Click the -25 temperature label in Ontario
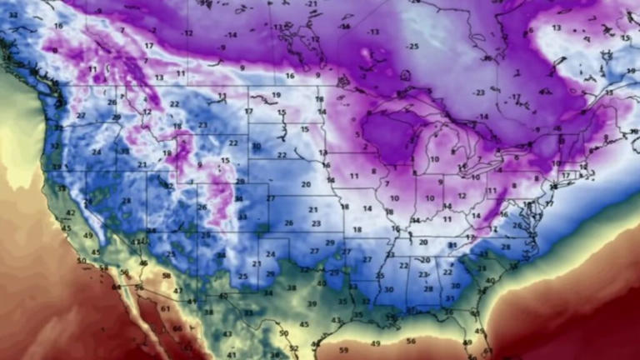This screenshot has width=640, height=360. (412, 46)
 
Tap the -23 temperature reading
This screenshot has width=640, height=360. (479, 92)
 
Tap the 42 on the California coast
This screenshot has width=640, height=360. (71, 212)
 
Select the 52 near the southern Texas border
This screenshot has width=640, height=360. (293, 348)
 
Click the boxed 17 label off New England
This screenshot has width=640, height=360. (567, 176)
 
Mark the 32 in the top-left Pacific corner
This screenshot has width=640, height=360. (12, 15)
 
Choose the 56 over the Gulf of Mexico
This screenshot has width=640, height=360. (410, 341)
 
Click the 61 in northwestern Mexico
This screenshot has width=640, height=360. (164, 308)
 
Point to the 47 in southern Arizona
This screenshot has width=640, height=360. (177, 290)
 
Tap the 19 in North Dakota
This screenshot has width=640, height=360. (276, 96)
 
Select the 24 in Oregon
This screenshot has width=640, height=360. (97, 152)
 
